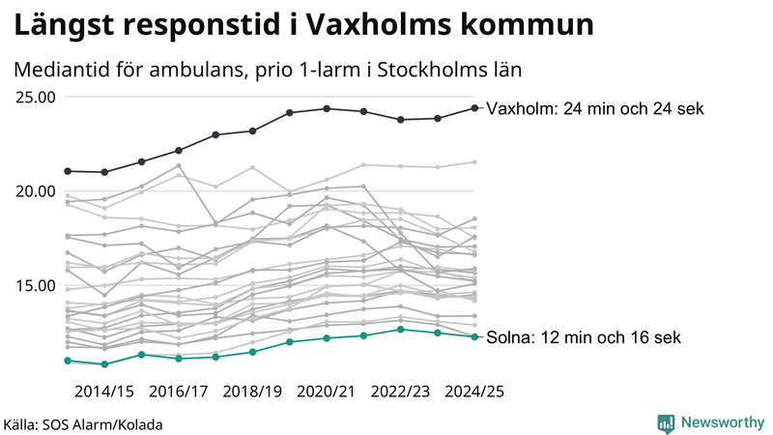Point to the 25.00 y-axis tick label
pyautogui.click(x=35, y=97)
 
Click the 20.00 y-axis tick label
pyautogui.click(x=35, y=190)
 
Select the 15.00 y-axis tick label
pyautogui.click(x=35, y=285)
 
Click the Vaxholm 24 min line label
pyautogui.click(x=595, y=108)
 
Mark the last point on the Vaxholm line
pyautogui.click(x=473, y=108)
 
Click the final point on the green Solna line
pyautogui.click(x=473, y=336)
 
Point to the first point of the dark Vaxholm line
pyautogui.click(x=68, y=171)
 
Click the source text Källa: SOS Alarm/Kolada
pyautogui.click(x=82, y=424)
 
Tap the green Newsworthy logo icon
pyautogui.click(x=666, y=422)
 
